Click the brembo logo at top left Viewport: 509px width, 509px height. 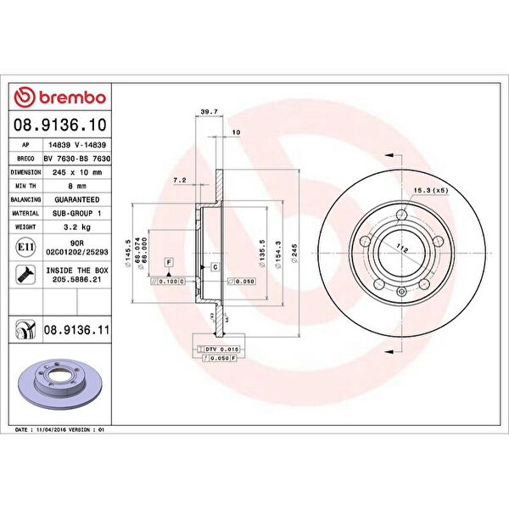(x=59, y=98)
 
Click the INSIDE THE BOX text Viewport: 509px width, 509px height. (x=77, y=271)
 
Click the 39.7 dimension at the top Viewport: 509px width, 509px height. (x=204, y=111)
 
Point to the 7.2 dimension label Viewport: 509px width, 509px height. (x=179, y=181)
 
